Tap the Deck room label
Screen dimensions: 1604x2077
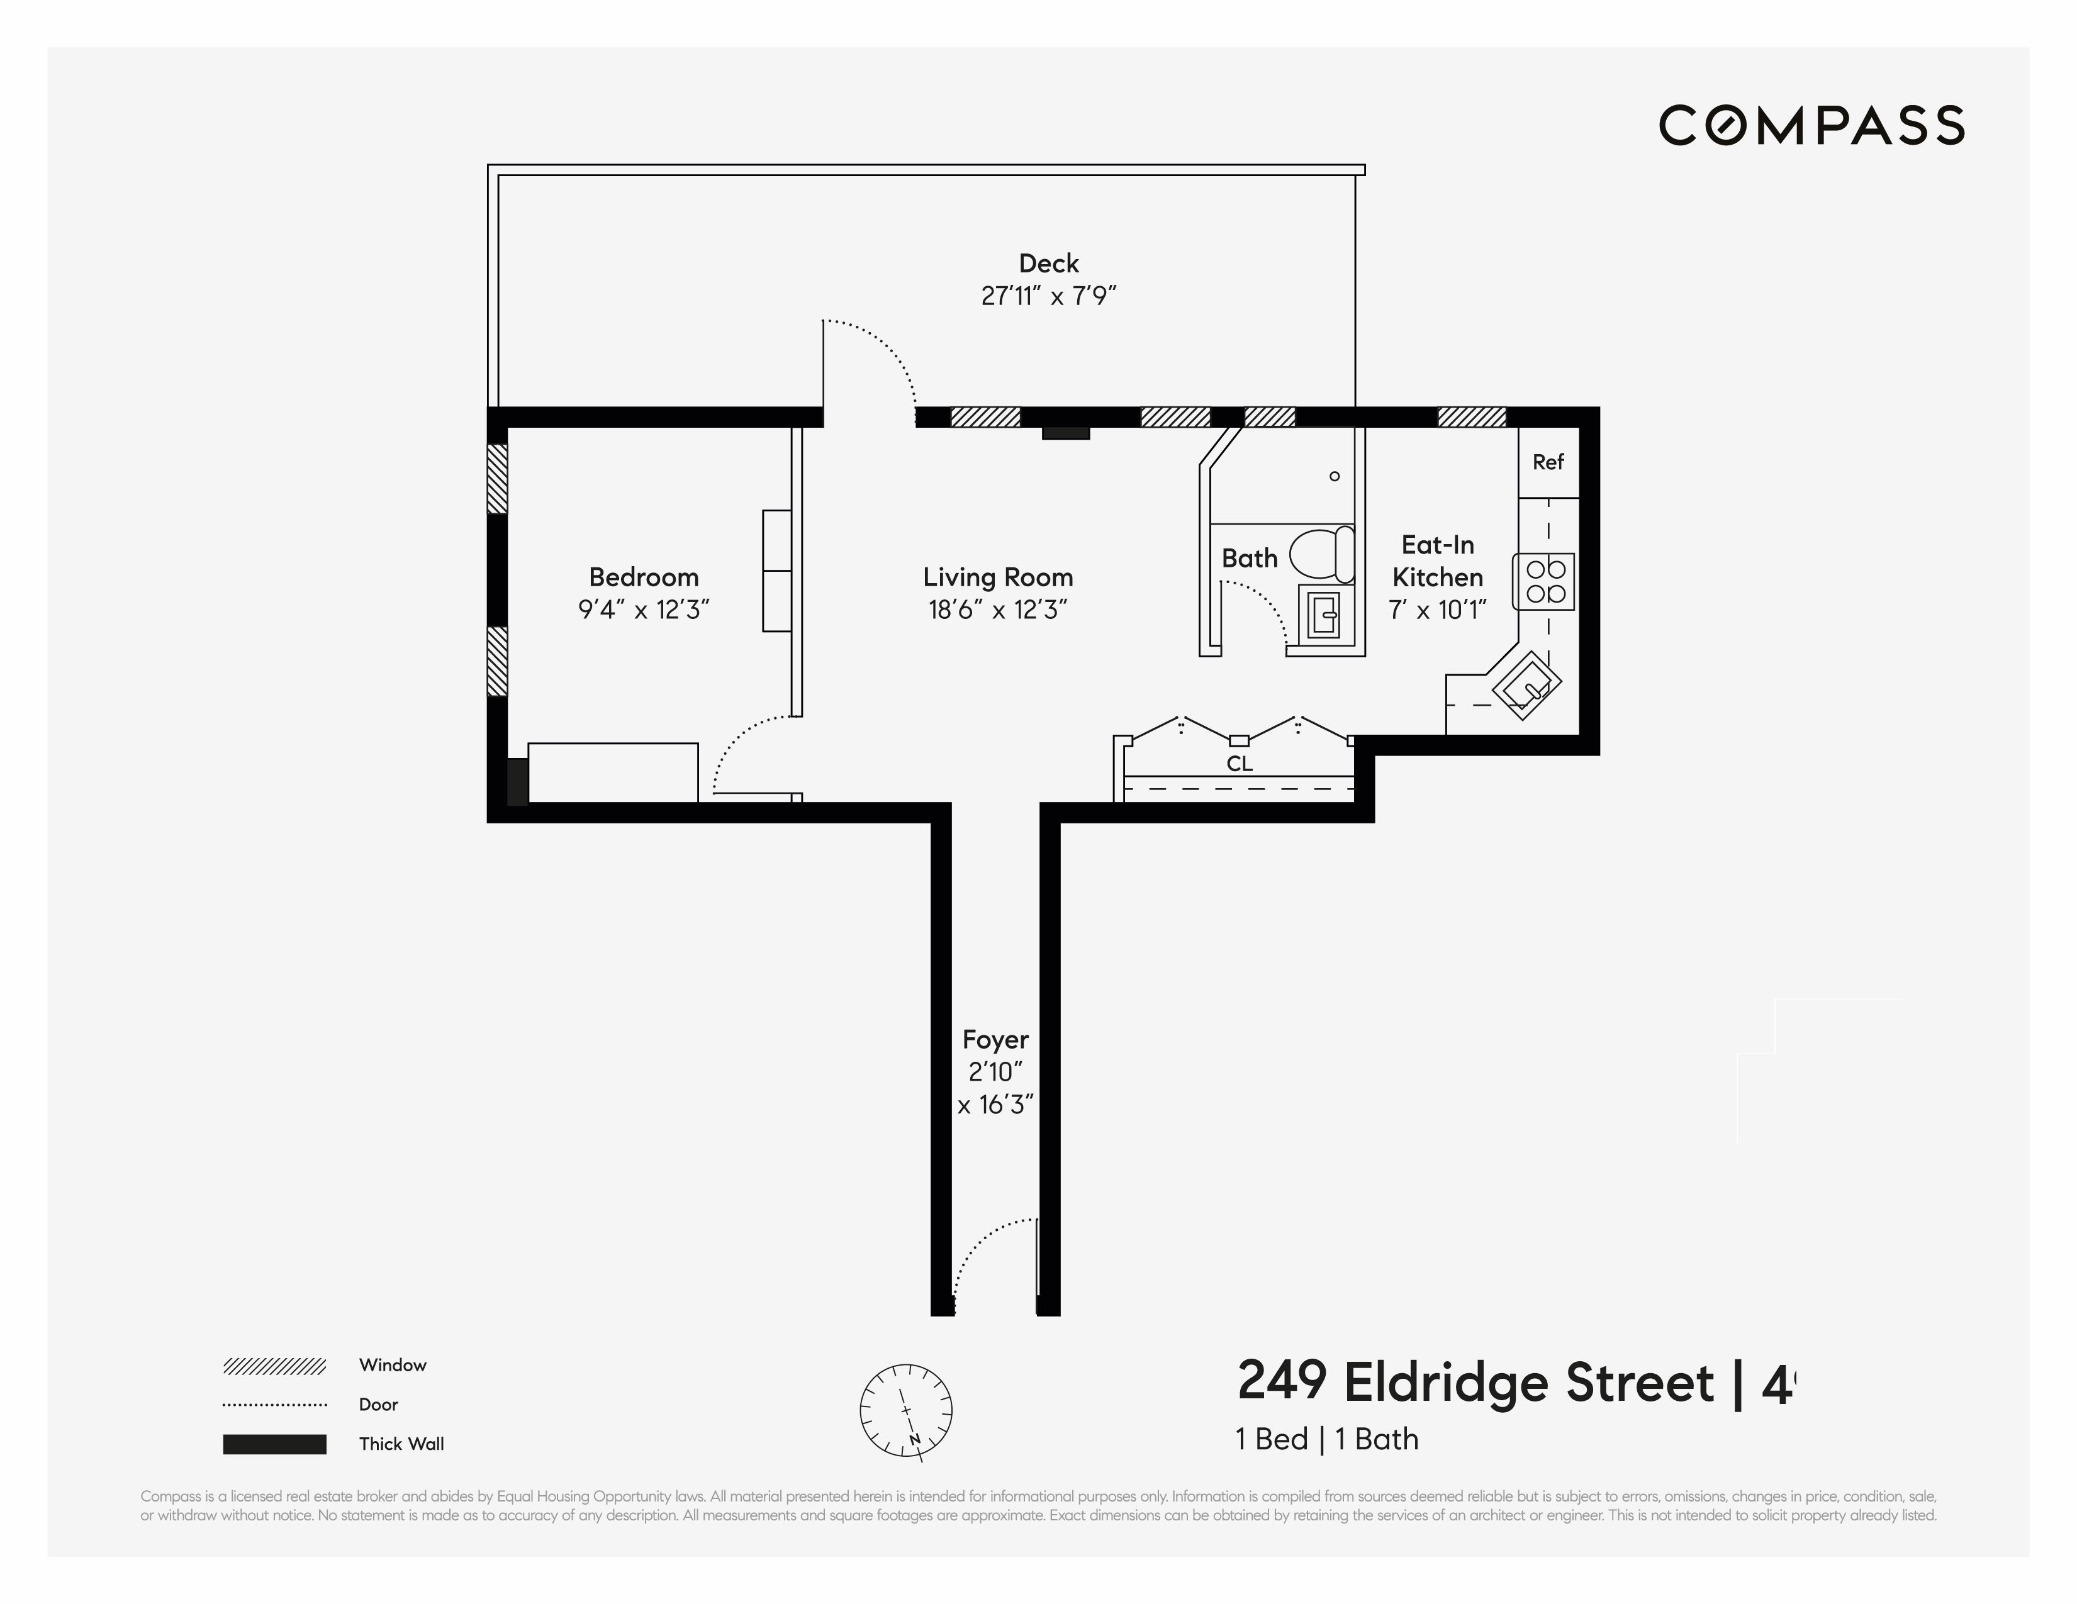point(1048,264)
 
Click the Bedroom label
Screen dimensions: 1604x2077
point(644,577)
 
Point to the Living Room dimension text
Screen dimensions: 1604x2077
point(998,610)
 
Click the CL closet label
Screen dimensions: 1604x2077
point(1239,764)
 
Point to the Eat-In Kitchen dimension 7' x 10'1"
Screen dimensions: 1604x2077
point(1437,610)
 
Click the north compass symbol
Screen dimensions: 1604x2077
point(905,1410)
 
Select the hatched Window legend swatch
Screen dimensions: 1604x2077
point(275,1366)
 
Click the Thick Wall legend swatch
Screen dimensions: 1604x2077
point(275,1444)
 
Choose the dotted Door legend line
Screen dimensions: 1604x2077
point(275,1405)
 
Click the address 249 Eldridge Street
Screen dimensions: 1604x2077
point(1475,1383)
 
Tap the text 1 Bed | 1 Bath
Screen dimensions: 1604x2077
point(1326,1440)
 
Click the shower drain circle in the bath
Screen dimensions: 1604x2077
point(1335,476)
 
